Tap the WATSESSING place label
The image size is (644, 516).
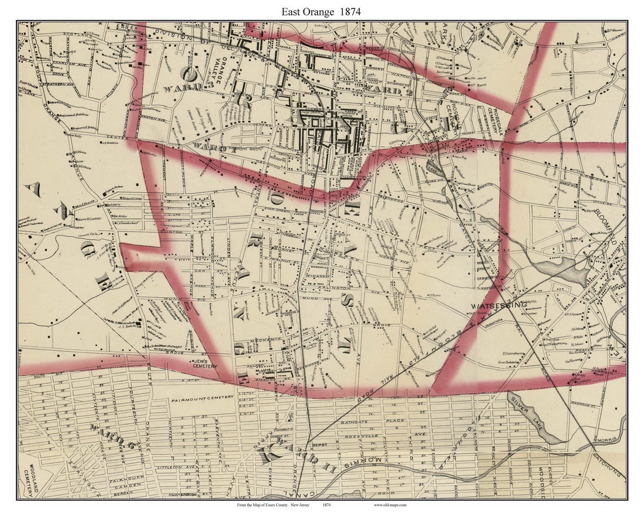[499, 305]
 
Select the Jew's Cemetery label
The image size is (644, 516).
[204, 363]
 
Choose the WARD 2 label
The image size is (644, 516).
[386, 90]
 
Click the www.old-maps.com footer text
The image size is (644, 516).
[390, 505]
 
